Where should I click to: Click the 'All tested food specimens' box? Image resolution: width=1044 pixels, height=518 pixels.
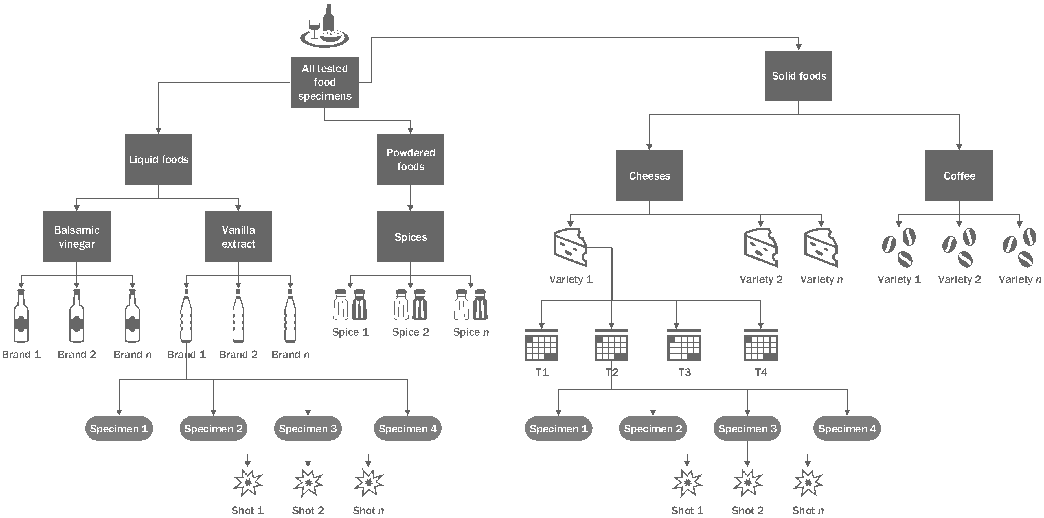click(x=325, y=82)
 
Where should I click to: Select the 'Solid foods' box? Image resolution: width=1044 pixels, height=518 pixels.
click(x=799, y=76)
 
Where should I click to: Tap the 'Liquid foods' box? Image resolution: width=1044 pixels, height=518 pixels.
click(x=159, y=159)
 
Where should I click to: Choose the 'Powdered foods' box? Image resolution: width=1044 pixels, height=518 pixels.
click(x=411, y=159)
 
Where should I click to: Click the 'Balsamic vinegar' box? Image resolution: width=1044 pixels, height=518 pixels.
click(x=76, y=237)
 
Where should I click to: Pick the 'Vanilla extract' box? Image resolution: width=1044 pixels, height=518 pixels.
click(x=238, y=237)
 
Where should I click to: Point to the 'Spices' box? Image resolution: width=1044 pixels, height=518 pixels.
click(x=411, y=237)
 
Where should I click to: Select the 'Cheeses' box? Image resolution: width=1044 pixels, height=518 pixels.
click(x=649, y=176)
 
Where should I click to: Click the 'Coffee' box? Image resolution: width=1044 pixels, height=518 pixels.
click(x=959, y=176)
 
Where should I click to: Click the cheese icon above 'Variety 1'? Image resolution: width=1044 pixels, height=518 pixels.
click(x=570, y=247)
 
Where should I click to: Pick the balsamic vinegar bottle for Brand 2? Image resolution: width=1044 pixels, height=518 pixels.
click(x=76, y=316)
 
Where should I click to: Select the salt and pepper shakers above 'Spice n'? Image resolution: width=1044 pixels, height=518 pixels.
click(x=471, y=304)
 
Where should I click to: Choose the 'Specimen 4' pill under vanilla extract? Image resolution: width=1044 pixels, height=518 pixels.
click(x=407, y=429)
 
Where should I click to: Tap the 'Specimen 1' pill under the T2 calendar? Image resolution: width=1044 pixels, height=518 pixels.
click(x=558, y=429)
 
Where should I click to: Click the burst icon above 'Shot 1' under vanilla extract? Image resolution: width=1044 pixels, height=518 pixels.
click(x=248, y=483)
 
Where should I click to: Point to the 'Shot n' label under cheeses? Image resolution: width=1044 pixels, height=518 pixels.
click(x=808, y=510)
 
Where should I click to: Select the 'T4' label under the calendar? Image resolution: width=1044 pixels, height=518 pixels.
click(x=761, y=372)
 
